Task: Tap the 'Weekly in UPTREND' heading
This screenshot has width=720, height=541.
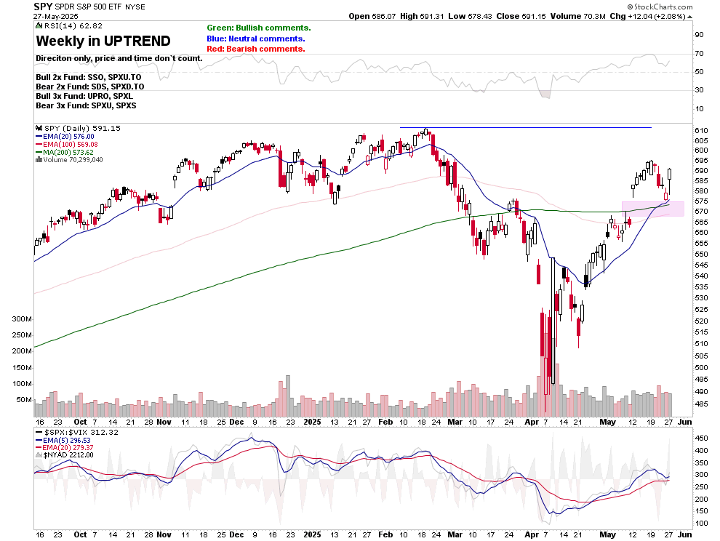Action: [103, 41]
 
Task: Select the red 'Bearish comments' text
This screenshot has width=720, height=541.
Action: [255, 49]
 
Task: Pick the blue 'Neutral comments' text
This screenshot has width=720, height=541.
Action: [255, 39]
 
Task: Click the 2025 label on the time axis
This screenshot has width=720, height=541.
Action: [312, 422]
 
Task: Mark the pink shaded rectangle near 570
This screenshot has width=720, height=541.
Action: [652, 208]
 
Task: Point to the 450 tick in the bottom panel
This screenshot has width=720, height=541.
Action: [701, 438]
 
